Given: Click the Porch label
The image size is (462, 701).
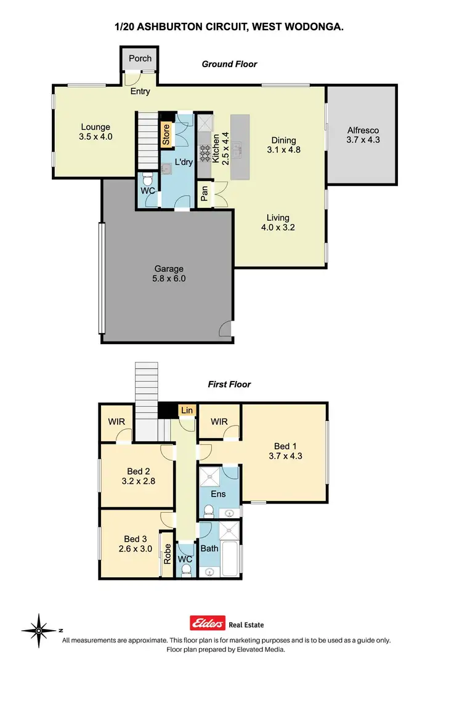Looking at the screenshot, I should (x=140, y=59).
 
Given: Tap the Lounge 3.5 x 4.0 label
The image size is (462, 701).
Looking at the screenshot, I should (x=95, y=132).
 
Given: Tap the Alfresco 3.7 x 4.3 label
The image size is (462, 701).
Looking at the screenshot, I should (x=362, y=135).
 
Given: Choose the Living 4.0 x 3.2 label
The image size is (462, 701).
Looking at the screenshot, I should (x=278, y=222).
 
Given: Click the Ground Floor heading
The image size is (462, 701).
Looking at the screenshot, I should (x=229, y=64).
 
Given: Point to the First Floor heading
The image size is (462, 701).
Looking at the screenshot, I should (x=229, y=385).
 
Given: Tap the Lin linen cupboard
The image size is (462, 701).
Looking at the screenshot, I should (x=185, y=410).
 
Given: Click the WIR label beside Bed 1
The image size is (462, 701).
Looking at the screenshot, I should (x=219, y=422).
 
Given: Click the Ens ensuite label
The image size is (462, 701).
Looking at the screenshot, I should (x=218, y=494).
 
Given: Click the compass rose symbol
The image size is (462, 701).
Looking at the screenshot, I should (x=38, y=630).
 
